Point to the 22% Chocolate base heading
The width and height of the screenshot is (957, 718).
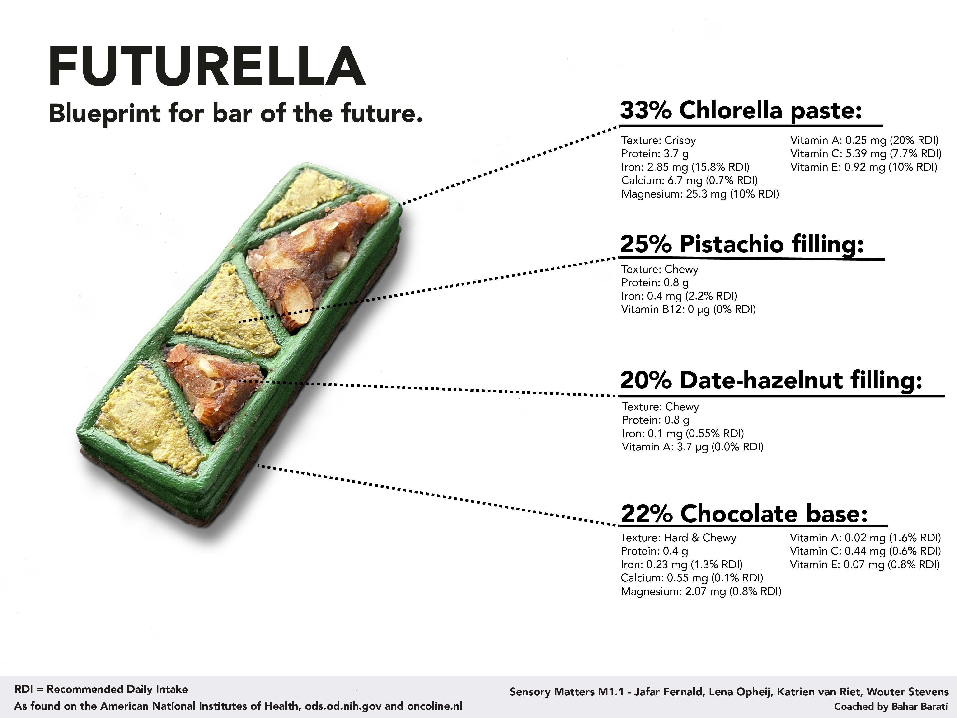tap(744, 514)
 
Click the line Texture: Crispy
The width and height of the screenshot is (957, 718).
tap(658, 140)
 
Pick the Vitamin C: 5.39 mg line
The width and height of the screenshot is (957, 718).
tap(866, 154)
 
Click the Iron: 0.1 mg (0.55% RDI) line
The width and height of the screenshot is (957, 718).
tap(683, 433)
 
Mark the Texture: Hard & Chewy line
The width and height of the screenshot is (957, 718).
tap(678, 538)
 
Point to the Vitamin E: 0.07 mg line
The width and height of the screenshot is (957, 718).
tap(864, 564)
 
